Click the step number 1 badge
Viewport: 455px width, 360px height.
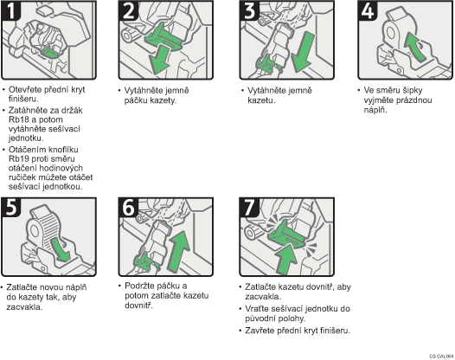point(10,10)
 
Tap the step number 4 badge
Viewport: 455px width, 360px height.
point(368,10)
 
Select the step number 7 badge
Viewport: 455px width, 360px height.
point(249,208)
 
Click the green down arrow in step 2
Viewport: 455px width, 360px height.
point(159,60)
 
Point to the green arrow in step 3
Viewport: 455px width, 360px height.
point(303,52)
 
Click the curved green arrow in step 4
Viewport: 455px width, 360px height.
point(415,47)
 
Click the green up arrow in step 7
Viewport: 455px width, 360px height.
point(285,259)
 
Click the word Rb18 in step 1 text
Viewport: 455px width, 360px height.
point(17,119)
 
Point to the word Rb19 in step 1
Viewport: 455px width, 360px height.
point(17,159)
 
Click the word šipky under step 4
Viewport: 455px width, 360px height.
point(411,90)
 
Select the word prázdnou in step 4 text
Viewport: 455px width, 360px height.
point(413,100)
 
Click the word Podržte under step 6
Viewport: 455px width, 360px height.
point(139,286)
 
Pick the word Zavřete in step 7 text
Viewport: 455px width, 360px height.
point(260,331)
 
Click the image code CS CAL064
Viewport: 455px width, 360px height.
point(442,356)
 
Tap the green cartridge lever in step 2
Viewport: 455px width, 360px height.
point(163,37)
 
